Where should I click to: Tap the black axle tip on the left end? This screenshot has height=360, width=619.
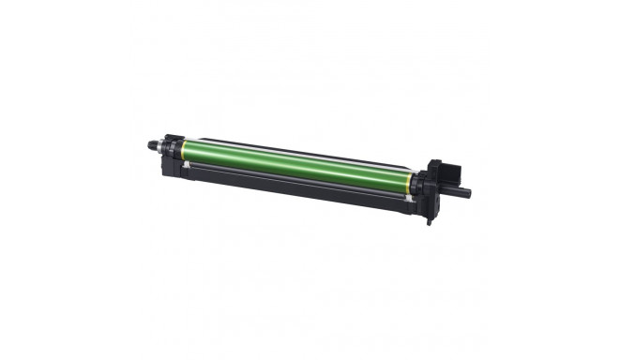(150, 144)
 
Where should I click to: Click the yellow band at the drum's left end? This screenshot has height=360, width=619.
(181, 147)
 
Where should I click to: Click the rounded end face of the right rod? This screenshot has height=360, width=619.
(468, 194)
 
